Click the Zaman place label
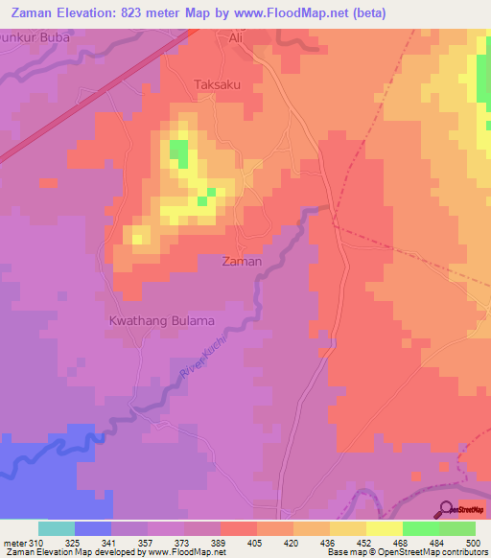(241, 261)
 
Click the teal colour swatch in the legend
(57, 528)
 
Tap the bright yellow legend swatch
(384, 528)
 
